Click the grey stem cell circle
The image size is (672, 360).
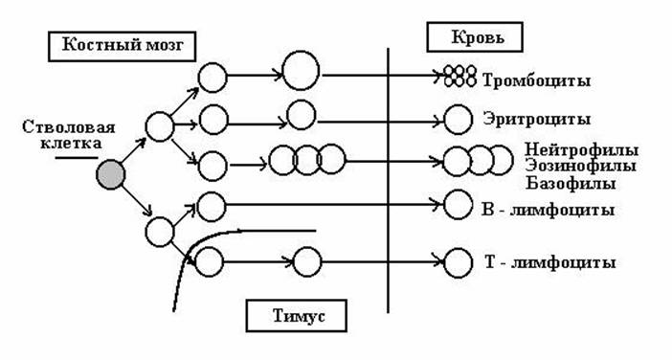click(x=111, y=174)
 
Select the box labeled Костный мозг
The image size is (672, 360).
click(x=123, y=46)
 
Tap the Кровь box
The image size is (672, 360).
click(x=475, y=37)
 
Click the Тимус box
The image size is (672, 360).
click(x=297, y=316)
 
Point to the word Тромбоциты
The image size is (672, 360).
click(x=537, y=80)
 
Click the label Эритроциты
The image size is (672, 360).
click(x=537, y=119)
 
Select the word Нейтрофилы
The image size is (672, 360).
click(x=582, y=150)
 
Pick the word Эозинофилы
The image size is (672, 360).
click(x=581, y=167)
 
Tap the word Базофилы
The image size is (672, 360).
click(x=571, y=184)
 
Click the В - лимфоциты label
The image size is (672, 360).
click(x=549, y=210)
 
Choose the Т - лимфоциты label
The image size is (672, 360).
click(x=549, y=262)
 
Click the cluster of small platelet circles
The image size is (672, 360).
click(x=459, y=77)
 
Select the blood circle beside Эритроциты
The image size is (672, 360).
click(x=459, y=120)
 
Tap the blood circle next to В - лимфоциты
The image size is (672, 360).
click(x=459, y=205)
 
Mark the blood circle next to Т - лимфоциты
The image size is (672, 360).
click(x=459, y=263)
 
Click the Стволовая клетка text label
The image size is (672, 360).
click(x=69, y=135)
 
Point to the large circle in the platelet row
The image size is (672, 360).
click(x=302, y=70)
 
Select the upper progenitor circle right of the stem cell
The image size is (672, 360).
click(x=160, y=126)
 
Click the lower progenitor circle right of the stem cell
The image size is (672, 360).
click(x=160, y=232)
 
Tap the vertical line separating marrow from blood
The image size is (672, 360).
click(x=389, y=180)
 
